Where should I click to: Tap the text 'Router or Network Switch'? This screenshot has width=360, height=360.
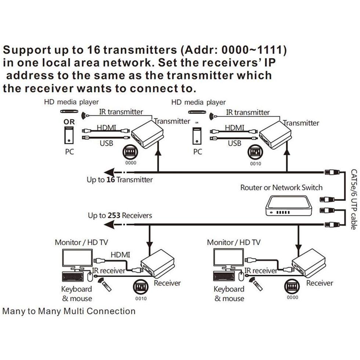[x=281, y=188]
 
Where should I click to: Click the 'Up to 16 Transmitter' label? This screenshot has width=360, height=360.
[x=120, y=180]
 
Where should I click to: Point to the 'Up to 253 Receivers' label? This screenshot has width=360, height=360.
[x=120, y=215]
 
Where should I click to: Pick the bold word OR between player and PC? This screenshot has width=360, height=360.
[x=69, y=122]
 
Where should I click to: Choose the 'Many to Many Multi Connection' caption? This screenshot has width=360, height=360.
[x=69, y=311]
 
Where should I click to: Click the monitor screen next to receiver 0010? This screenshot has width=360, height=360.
[x=77, y=258]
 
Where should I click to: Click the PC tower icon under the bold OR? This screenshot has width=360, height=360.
[x=69, y=136]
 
